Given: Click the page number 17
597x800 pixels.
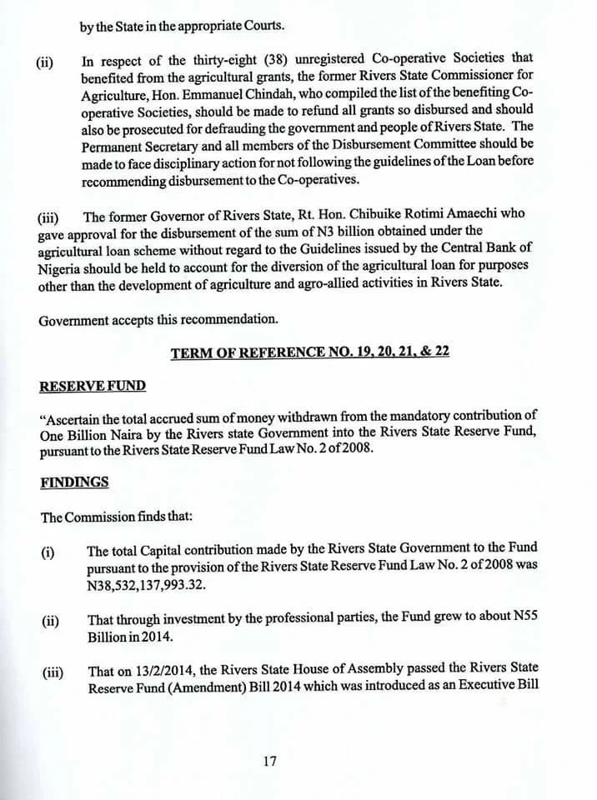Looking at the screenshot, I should click(x=268, y=761).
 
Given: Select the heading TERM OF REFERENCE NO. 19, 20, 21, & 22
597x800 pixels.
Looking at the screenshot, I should click(x=309, y=352).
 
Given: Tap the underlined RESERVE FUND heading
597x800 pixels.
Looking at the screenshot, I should click(x=92, y=386).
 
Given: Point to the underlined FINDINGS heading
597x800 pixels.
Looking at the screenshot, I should click(x=74, y=482).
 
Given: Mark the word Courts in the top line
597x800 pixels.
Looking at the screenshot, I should click(x=248, y=27).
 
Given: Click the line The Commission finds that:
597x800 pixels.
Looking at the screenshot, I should click(x=117, y=517).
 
